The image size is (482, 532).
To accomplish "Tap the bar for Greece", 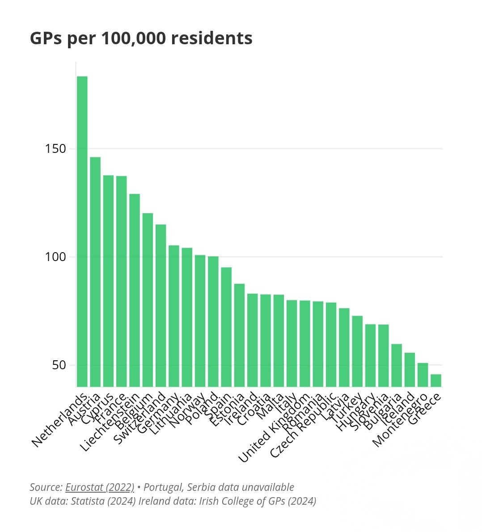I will tap(436, 380).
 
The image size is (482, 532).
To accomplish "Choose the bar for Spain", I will tap(226, 327).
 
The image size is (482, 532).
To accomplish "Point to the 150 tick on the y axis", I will tap(56, 148).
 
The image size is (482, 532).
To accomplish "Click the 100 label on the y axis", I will tap(56, 257).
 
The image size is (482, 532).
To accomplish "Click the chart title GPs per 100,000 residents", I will tap(141, 38).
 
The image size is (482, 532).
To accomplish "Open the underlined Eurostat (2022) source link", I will tap(100, 487).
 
